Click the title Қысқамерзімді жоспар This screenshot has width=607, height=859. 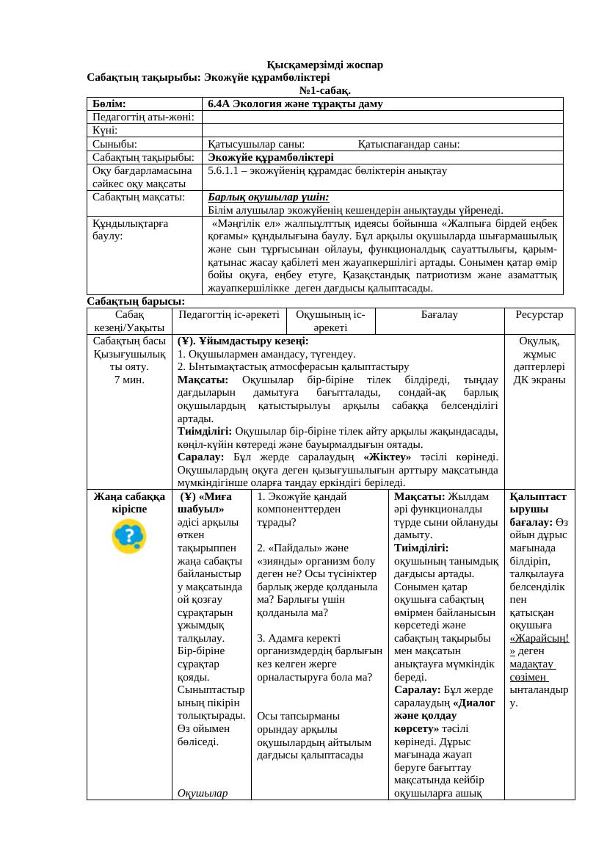coord(324,65)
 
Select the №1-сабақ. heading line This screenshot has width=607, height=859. coord(324,90)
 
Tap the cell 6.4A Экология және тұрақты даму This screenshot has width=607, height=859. coord(295,104)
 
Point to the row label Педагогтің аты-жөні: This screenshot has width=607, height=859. coord(143,117)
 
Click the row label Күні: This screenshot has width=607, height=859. coord(106,130)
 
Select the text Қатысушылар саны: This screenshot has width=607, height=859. coord(256,144)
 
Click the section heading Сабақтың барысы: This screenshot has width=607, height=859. coord(136,301)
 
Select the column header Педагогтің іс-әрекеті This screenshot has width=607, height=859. coord(228,314)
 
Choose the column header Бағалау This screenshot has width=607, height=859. coord(439,314)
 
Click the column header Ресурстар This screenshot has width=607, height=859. coord(539,314)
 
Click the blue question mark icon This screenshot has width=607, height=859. coord(129,536)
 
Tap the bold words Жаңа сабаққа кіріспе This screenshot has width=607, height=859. coord(129,502)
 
